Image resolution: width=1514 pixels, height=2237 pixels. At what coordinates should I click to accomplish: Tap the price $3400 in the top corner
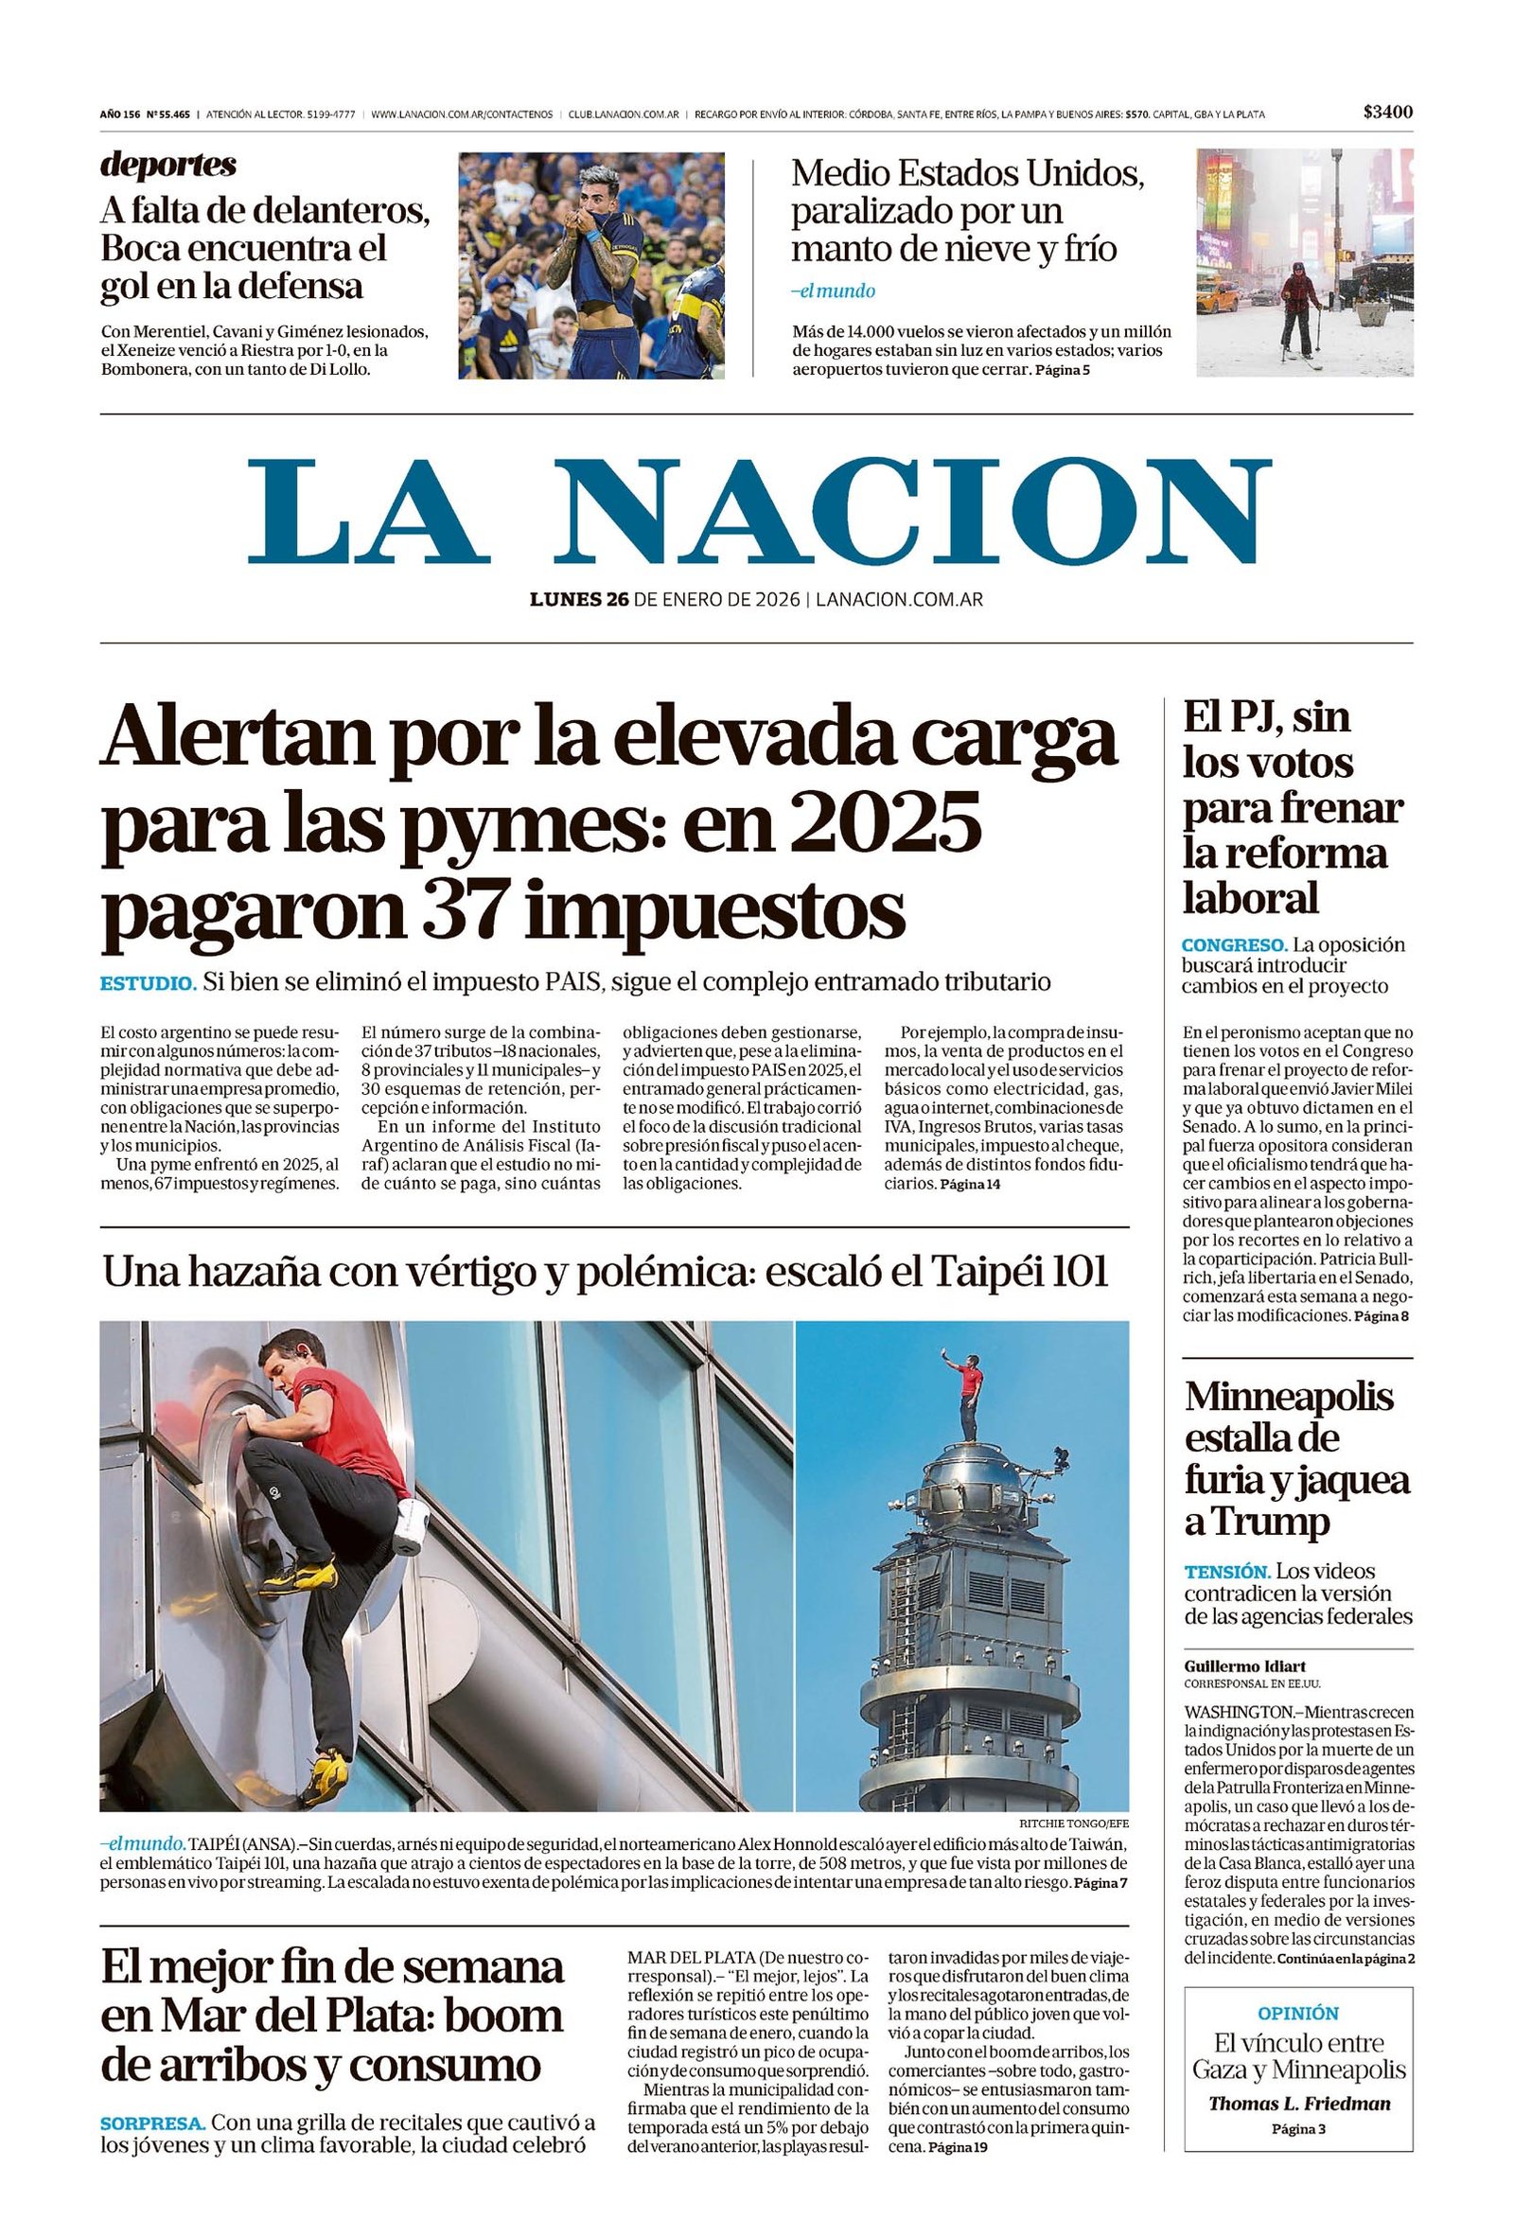(x=1387, y=113)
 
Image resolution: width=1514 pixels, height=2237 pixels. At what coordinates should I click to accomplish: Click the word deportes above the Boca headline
(x=167, y=165)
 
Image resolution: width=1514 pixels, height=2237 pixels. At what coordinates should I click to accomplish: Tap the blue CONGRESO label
(x=1234, y=944)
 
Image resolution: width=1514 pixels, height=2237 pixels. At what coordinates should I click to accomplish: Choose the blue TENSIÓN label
(x=1227, y=1572)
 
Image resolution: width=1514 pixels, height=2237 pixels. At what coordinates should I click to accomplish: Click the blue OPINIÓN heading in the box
(x=1297, y=2013)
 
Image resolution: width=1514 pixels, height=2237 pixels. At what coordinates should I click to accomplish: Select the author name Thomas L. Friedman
(x=1298, y=2105)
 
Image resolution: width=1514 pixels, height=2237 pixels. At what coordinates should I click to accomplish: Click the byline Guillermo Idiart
(x=1244, y=1666)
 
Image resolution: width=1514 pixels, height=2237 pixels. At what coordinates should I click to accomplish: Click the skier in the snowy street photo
(x=1300, y=307)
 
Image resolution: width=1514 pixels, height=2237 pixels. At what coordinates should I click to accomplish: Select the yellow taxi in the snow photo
(x=1217, y=297)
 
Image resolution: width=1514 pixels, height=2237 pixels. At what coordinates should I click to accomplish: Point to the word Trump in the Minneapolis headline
(x=1256, y=1521)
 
